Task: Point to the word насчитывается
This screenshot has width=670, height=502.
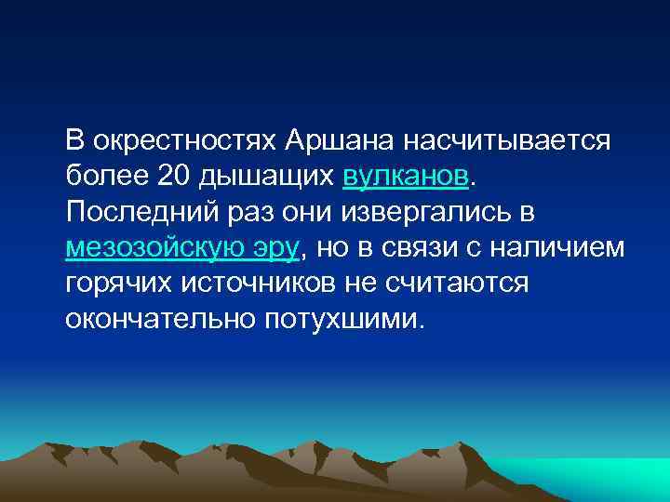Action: point(506,140)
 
